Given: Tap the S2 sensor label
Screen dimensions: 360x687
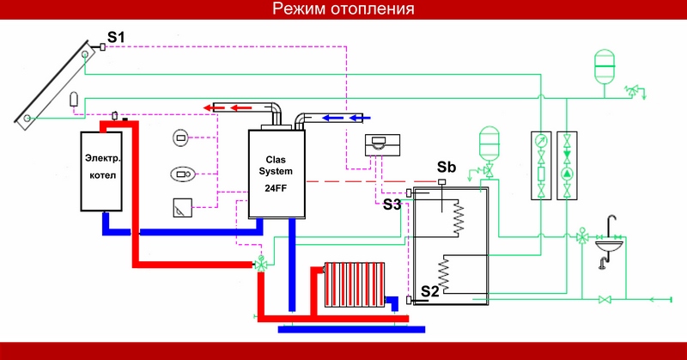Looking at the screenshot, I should [x=429, y=291].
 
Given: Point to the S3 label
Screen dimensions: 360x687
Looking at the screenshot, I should [x=392, y=204].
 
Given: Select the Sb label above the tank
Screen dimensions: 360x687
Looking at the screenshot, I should [x=446, y=166].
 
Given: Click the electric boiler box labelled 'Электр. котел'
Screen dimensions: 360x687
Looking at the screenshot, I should [x=103, y=171].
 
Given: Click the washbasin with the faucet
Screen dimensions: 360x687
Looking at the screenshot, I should [x=612, y=244].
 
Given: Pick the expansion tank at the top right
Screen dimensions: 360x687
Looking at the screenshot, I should [x=605, y=64].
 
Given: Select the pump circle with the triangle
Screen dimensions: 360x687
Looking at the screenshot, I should [x=568, y=171].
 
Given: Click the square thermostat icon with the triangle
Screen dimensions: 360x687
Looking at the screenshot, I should [x=181, y=207].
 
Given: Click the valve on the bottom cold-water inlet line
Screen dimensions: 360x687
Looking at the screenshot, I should [x=605, y=299].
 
